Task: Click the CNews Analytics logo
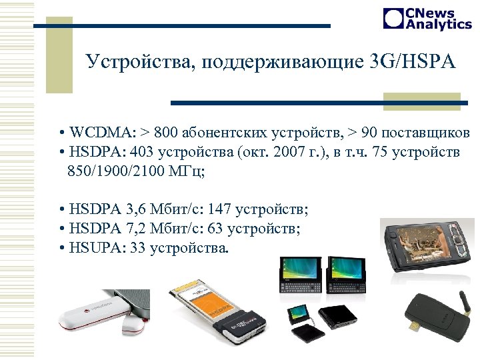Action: (427, 19)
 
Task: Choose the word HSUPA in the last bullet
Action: (93, 249)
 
